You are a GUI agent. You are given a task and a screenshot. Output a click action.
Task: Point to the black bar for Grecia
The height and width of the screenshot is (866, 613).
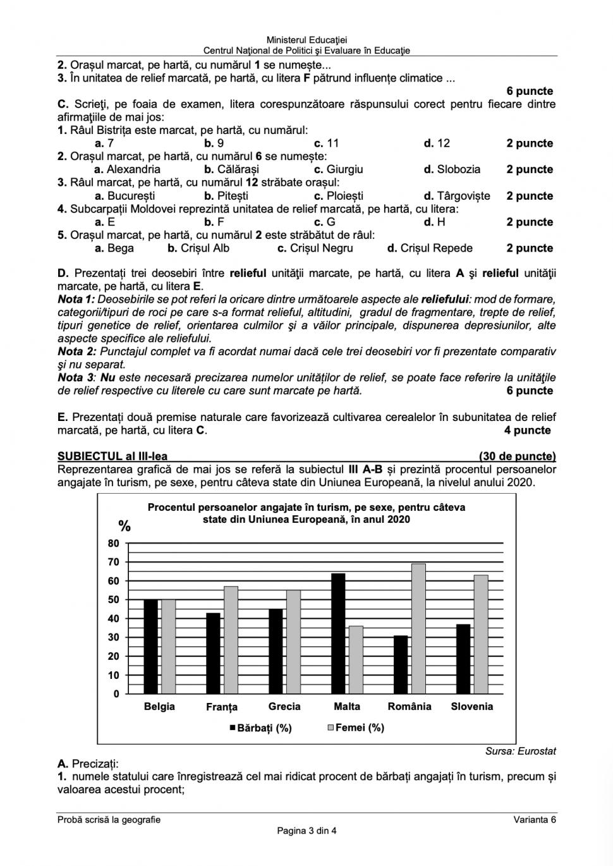click(276, 651)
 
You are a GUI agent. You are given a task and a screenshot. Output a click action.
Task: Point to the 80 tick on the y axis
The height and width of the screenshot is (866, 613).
click(113, 543)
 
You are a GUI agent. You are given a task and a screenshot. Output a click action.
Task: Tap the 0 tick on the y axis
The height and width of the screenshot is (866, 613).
click(116, 693)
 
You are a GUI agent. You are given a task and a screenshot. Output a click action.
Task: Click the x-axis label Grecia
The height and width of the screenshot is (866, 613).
click(284, 707)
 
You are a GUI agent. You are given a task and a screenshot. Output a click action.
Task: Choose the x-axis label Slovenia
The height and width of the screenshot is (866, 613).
click(471, 707)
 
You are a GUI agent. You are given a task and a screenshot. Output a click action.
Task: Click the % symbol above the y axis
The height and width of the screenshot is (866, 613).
click(124, 526)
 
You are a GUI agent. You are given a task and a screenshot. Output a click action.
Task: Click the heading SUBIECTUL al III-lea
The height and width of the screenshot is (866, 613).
click(112, 456)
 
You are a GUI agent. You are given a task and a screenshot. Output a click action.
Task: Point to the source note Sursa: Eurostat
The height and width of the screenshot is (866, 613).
click(520, 751)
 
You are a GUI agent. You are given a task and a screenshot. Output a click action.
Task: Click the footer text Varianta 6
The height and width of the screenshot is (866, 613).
click(535, 820)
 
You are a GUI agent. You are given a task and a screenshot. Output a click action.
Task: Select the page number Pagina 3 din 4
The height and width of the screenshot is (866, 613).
click(306, 831)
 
